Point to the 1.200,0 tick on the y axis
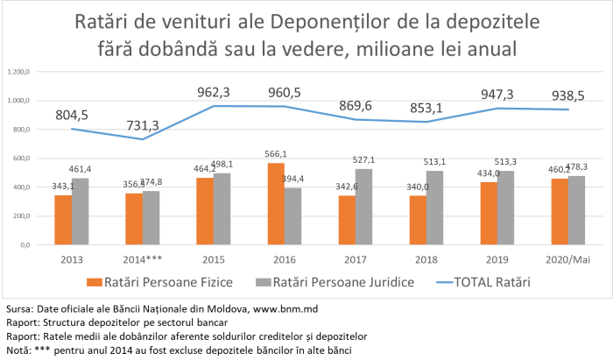point(17,72)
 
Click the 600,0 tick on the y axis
point(18,159)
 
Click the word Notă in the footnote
point(16,349)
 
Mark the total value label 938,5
point(568,95)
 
